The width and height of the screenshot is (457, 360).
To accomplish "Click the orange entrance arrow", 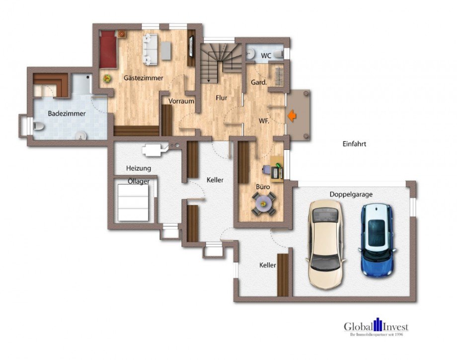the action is coord(292,116).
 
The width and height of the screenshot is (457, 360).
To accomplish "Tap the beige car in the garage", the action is coord(325,245).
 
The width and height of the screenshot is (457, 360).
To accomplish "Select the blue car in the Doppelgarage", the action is coord(377,240).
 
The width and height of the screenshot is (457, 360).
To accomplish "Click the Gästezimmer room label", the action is coord(144,78).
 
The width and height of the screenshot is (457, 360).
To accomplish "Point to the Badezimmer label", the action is coord(67,114).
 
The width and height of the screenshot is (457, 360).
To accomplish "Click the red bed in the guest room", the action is coord(108,49).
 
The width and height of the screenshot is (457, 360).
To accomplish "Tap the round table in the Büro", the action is coord(263,203).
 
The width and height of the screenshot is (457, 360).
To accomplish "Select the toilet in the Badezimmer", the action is coord(38,126).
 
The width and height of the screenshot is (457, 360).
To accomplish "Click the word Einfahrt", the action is coord(354,144).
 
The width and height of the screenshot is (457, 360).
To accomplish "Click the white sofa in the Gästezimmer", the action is coord(150,49).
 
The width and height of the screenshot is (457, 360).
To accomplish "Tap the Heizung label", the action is coord(139,168).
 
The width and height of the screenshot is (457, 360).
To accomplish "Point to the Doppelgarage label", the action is coord(351,194).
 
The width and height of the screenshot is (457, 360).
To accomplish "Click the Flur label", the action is coord(222,98).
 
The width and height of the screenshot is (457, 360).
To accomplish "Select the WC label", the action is coord(266,56).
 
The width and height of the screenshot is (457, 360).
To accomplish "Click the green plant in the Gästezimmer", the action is coord(108,78).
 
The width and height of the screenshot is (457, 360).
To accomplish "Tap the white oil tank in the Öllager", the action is coord(133,203).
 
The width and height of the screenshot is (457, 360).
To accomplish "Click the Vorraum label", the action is coord(181,101).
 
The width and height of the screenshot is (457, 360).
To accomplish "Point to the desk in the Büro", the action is coord(277,169).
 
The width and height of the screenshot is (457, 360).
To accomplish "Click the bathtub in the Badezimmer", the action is coord(82,84).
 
